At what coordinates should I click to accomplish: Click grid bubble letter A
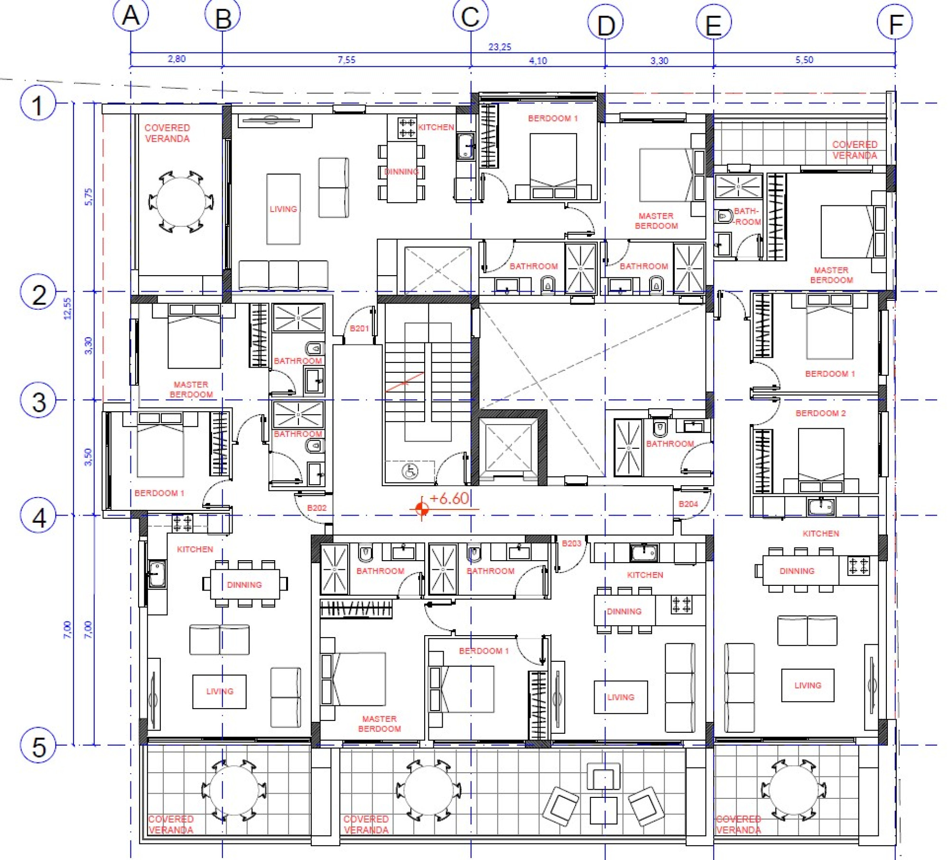click(x=130, y=15)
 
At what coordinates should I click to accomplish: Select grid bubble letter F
click(x=894, y=23)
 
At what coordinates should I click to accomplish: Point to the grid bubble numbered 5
click(x=38, y=746)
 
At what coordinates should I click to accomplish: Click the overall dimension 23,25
click(x=500, y=47)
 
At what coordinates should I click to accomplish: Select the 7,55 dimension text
click(x=346, y=60)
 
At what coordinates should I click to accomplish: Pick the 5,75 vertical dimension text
click(x=89, y=197)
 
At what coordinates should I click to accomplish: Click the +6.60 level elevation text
click(x=449, y=499)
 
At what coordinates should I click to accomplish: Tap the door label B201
click(x=359, y=328)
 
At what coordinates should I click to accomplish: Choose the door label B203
click(x=571, y=544)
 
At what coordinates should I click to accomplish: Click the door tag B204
click(x=688, y=504)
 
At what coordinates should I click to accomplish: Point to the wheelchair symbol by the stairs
click(x=410, y=472)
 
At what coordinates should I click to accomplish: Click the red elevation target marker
click(x=421, y=509)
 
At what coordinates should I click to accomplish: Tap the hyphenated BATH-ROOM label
click(x=747, y=216)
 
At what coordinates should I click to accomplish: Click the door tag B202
click(x=316, y=508)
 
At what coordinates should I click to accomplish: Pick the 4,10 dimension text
click(x=538, y=61)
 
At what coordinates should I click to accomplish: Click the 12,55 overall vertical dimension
click(x=67, y=308)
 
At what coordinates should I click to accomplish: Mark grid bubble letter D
click(x=605, y=25)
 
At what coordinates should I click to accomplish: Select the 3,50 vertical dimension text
click(x=88, y=457)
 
